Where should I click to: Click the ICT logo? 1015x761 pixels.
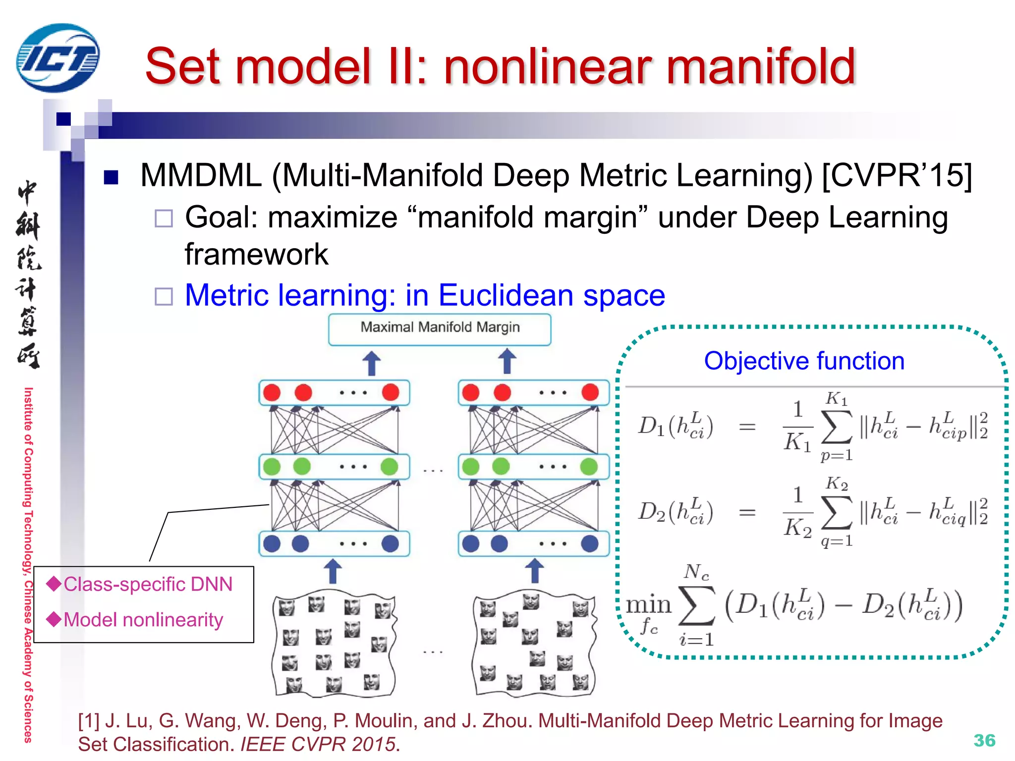coord(57,58)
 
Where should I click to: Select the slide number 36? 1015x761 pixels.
coord(984,740)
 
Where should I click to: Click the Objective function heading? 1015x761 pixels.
coord(804,361)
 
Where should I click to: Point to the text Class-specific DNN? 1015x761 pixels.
coord(148,584)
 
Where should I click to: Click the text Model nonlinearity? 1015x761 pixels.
coord(143,620)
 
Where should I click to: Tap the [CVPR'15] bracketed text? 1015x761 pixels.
coord(897,175)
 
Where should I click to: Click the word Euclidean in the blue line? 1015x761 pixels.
coord(506,295)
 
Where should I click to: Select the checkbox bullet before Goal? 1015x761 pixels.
coord(164,218)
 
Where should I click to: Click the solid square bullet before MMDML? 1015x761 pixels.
coord(111,177)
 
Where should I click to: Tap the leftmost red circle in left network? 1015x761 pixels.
coord(272,392)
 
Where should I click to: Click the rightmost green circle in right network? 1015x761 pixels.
coord(589,466)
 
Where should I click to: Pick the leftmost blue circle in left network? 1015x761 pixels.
coord(272,544)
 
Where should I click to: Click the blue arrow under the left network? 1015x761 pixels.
coord(333,571)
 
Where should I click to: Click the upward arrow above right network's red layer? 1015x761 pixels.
coord(507,361)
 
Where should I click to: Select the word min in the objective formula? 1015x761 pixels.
coord(648,605)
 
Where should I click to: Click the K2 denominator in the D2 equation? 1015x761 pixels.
coord(797,527)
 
